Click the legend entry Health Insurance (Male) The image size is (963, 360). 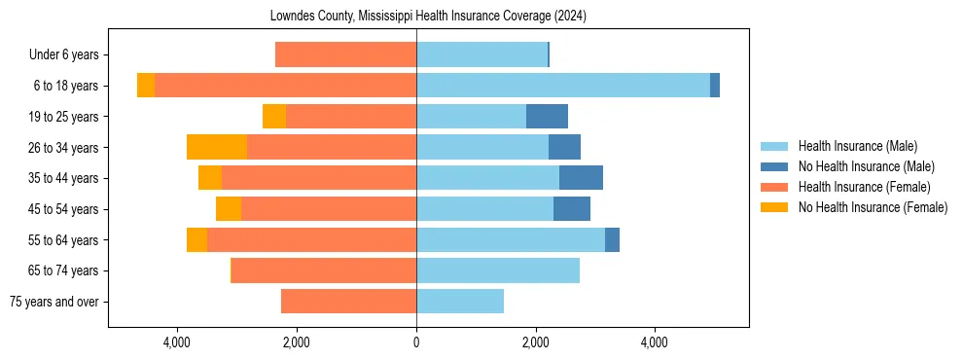tap(857, 146)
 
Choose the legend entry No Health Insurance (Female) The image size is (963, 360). tap(873, 207)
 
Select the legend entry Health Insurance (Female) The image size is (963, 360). tap(864, 187)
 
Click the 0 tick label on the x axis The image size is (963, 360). tap(416, 342)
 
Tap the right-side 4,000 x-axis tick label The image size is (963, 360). tap(655, 342)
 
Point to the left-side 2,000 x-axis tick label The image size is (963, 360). tap(296, 342)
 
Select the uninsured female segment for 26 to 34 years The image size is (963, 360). tap(216, 148)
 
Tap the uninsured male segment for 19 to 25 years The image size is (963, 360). tap(547, 117)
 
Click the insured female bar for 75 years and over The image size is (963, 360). tap(348, 302)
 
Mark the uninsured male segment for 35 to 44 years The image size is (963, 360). tap(581, 178)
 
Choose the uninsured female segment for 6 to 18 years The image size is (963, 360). tap(146, 86)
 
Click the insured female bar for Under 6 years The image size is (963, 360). tap(345, 55)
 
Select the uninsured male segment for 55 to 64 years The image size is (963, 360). tap(612, 240)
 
